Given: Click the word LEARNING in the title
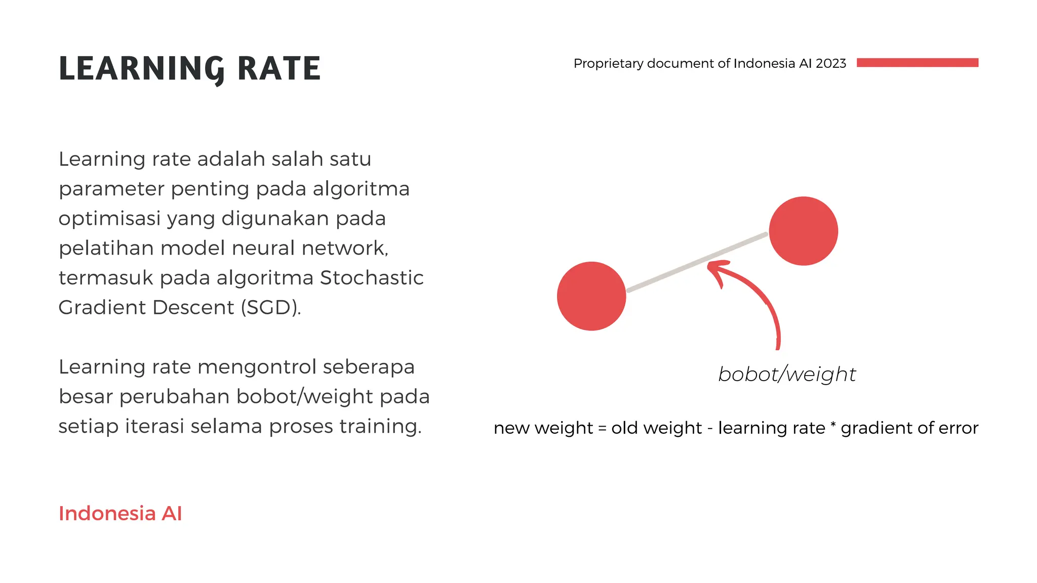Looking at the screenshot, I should tap(141, 69).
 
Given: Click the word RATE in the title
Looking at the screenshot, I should tap(279, 69).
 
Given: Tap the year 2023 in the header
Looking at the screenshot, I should tap(831, 63).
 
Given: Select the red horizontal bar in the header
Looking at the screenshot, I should tap(918, 63).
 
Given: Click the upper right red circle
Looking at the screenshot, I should tap(804, 231).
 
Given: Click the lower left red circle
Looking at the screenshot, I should tap(591, 296).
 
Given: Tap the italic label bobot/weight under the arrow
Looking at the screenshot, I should tap(787, 374).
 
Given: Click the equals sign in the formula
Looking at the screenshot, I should tap(602, 428).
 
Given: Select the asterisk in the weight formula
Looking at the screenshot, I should tap(833, 425).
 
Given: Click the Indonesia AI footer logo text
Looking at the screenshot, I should tap(121, 513).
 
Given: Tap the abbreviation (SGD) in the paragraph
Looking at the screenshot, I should tap(270, 308).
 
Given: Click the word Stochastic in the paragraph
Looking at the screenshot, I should tap(372, 278).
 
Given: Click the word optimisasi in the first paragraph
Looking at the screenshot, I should tap(109, 219).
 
